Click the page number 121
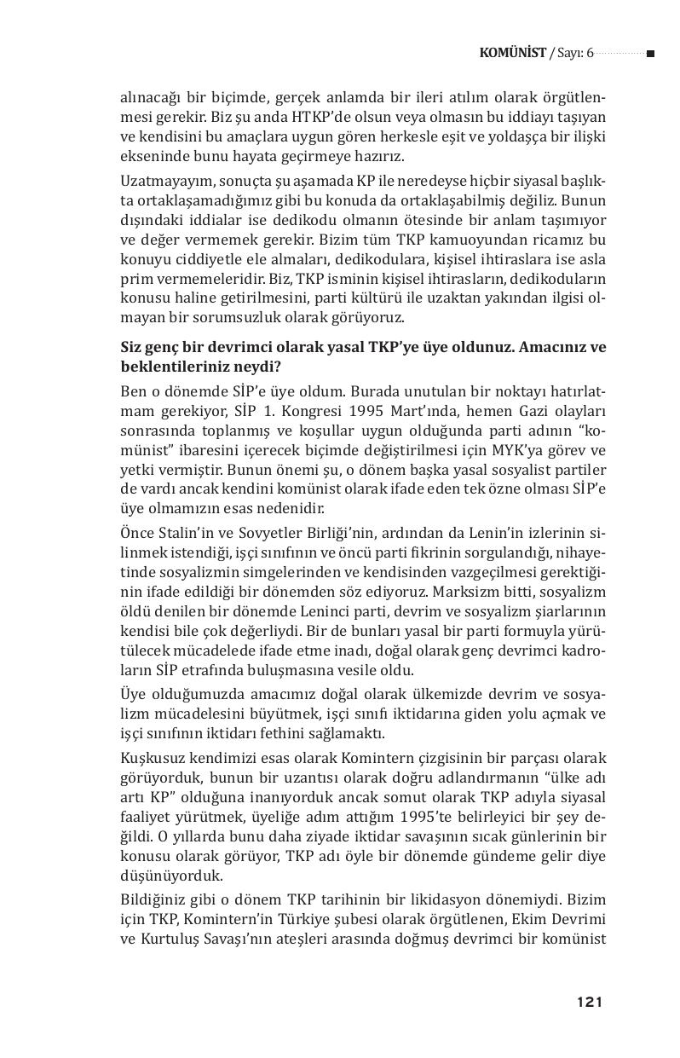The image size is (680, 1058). pos(589,1002)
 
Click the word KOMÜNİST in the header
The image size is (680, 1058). pos(513,53)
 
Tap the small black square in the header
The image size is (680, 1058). pos(650,54)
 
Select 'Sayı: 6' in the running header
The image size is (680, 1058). pos(573,53)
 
